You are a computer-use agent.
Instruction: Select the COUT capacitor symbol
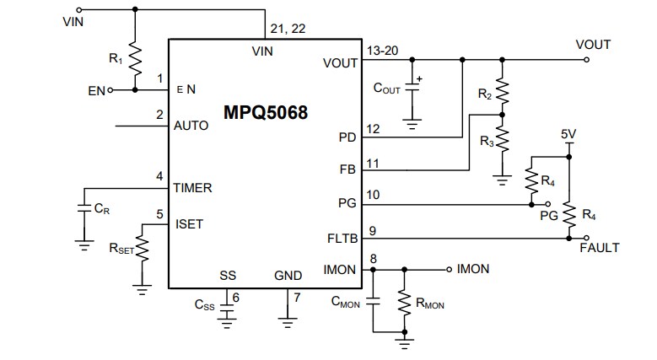[x=412, y=88]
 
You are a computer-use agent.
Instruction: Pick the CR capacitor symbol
[x=83, y=207]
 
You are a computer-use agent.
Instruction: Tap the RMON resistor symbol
[x=405, y=302]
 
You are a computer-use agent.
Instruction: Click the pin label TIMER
[x=192, y=188]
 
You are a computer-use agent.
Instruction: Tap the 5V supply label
[x=569, y=134]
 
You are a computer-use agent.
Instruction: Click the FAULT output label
[x=600, y=248]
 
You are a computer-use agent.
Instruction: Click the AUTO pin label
[x=191, y=126]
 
